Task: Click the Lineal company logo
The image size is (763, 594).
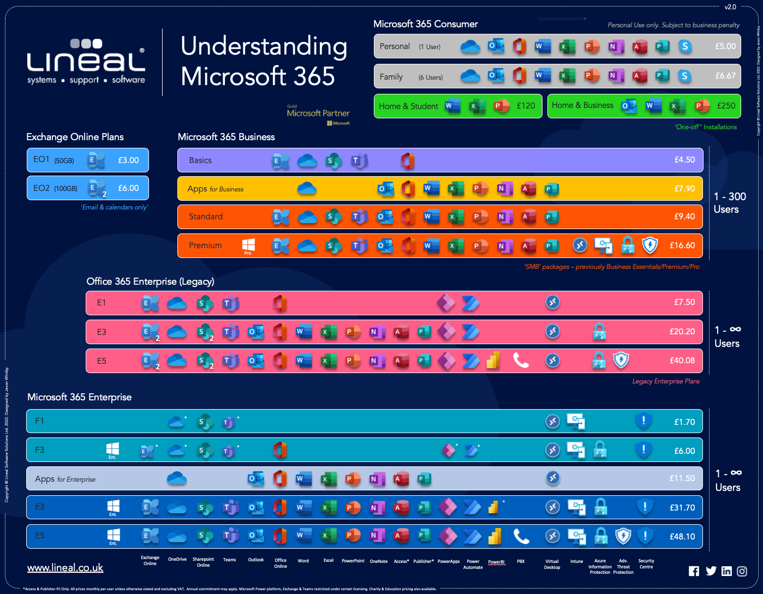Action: (x=86, y=61)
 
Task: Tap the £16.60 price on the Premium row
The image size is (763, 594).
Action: (x=682, y=245)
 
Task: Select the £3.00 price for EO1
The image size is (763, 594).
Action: (x=128, y=160)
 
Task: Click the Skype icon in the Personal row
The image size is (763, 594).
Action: (x=685, y=46)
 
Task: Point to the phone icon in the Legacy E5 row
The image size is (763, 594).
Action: (x=521, y=360)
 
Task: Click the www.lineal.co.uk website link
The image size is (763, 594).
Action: (x=65, y=568)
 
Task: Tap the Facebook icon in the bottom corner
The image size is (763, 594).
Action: (x=694, y=571)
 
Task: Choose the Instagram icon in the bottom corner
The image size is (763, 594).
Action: (x=742, y=571)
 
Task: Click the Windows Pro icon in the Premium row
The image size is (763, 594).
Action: (x=248, y=245)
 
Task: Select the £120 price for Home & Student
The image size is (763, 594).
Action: (x=526, y=106)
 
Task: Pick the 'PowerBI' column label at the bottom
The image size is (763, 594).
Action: (x=496, y=562)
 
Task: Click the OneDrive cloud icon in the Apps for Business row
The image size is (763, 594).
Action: (x=307, y=189)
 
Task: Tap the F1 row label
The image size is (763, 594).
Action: (x=39, y=421)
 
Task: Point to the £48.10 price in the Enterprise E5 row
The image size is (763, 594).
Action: (x=682, y=537)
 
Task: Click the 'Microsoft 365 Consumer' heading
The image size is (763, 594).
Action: (x=425, y=24)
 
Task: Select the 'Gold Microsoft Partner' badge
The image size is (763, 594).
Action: (x=318, y=114)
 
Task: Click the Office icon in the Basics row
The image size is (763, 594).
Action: (x=407, y=160)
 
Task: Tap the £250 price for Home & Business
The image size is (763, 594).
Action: (x=726, y=106)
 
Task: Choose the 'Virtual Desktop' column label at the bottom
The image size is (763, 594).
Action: (x=552, y=564)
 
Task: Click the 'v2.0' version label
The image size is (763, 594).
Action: (x=730, y=7)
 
